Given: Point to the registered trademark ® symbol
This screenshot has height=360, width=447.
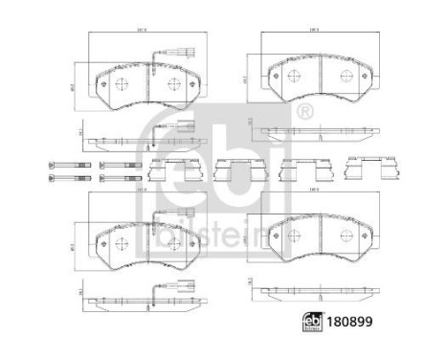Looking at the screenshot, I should coord(304,112).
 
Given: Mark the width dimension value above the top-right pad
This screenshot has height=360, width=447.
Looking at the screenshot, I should coord(313,32).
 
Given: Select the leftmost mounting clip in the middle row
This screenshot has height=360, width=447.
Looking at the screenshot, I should coord(166,169).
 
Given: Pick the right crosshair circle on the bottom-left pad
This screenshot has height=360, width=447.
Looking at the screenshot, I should coord(173,242).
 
